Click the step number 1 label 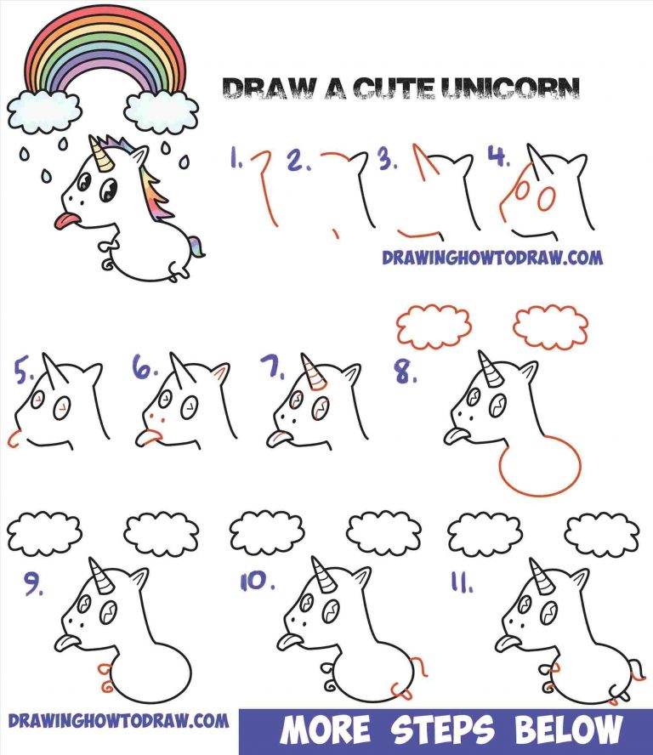[x=236, y=157]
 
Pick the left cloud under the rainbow [x=44, y=111]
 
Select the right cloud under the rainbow [x=161, y=111]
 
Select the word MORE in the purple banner [x=325, y=730]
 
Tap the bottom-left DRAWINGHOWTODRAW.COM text [x=119, y=721]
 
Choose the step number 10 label [x=257, y=582]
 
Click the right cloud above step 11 [x=602, y=534]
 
